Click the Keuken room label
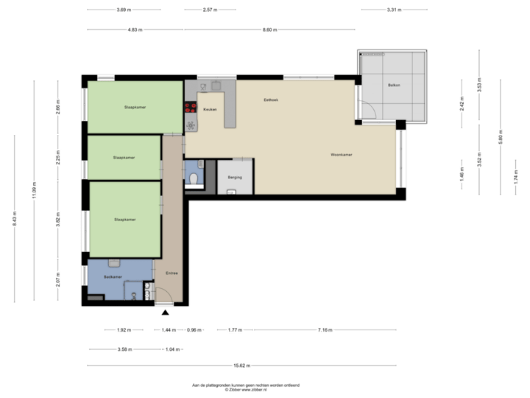[210, 108]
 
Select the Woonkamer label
[341, 156]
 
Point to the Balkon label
[395, 86]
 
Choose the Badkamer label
[113, 276]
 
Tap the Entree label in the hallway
[171, 273]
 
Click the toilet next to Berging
[192, 178]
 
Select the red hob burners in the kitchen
[190, 122]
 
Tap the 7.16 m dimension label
[325, 329]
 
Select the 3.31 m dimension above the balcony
[394, 10]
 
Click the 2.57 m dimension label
[210, 10]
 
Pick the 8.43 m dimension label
[14, 219]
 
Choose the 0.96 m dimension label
[194, 329]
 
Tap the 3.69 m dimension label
[124, 10]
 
